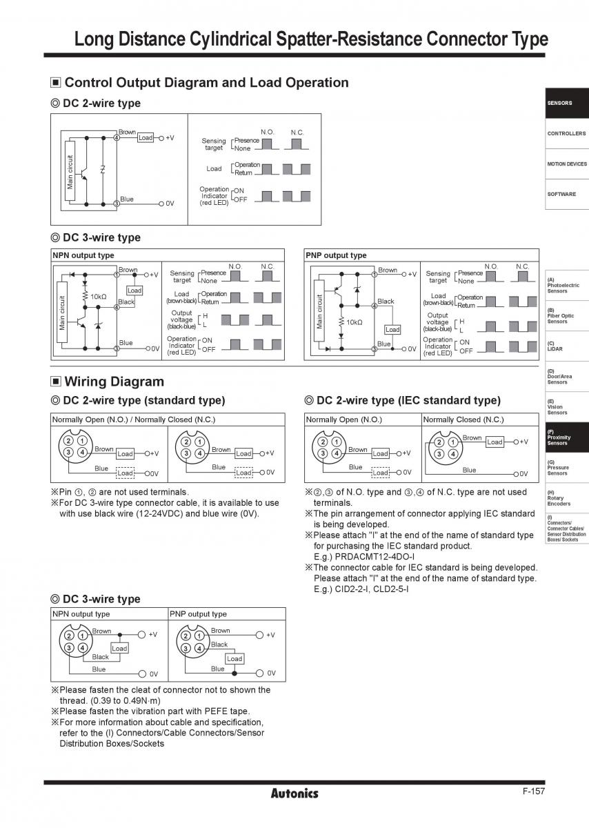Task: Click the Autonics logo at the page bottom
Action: pos(294,793)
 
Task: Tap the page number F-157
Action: pos(534,791)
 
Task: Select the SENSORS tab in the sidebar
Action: pos(567,103)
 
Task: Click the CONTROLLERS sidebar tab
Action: pos(567,133)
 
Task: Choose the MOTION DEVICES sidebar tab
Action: pos(567,164)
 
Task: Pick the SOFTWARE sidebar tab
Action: pos(567,194)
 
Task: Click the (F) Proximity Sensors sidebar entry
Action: pos(567,437)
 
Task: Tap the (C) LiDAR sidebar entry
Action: pos(567,346)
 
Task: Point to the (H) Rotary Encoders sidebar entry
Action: pos(567,498)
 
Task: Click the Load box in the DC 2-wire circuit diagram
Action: pos(146,138)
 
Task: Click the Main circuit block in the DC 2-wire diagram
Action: pos(70,171)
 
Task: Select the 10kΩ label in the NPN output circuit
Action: pos(99,297)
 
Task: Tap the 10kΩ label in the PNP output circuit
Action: pos(354,322)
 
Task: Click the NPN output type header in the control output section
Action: pos(83,255)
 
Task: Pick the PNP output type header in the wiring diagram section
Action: pos(198,614)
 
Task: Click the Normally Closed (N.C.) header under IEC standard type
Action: pos(463,420)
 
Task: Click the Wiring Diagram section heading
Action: pos(114,382)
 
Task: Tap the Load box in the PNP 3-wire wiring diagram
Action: pos(234,659)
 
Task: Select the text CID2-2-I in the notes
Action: pos(352,589)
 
